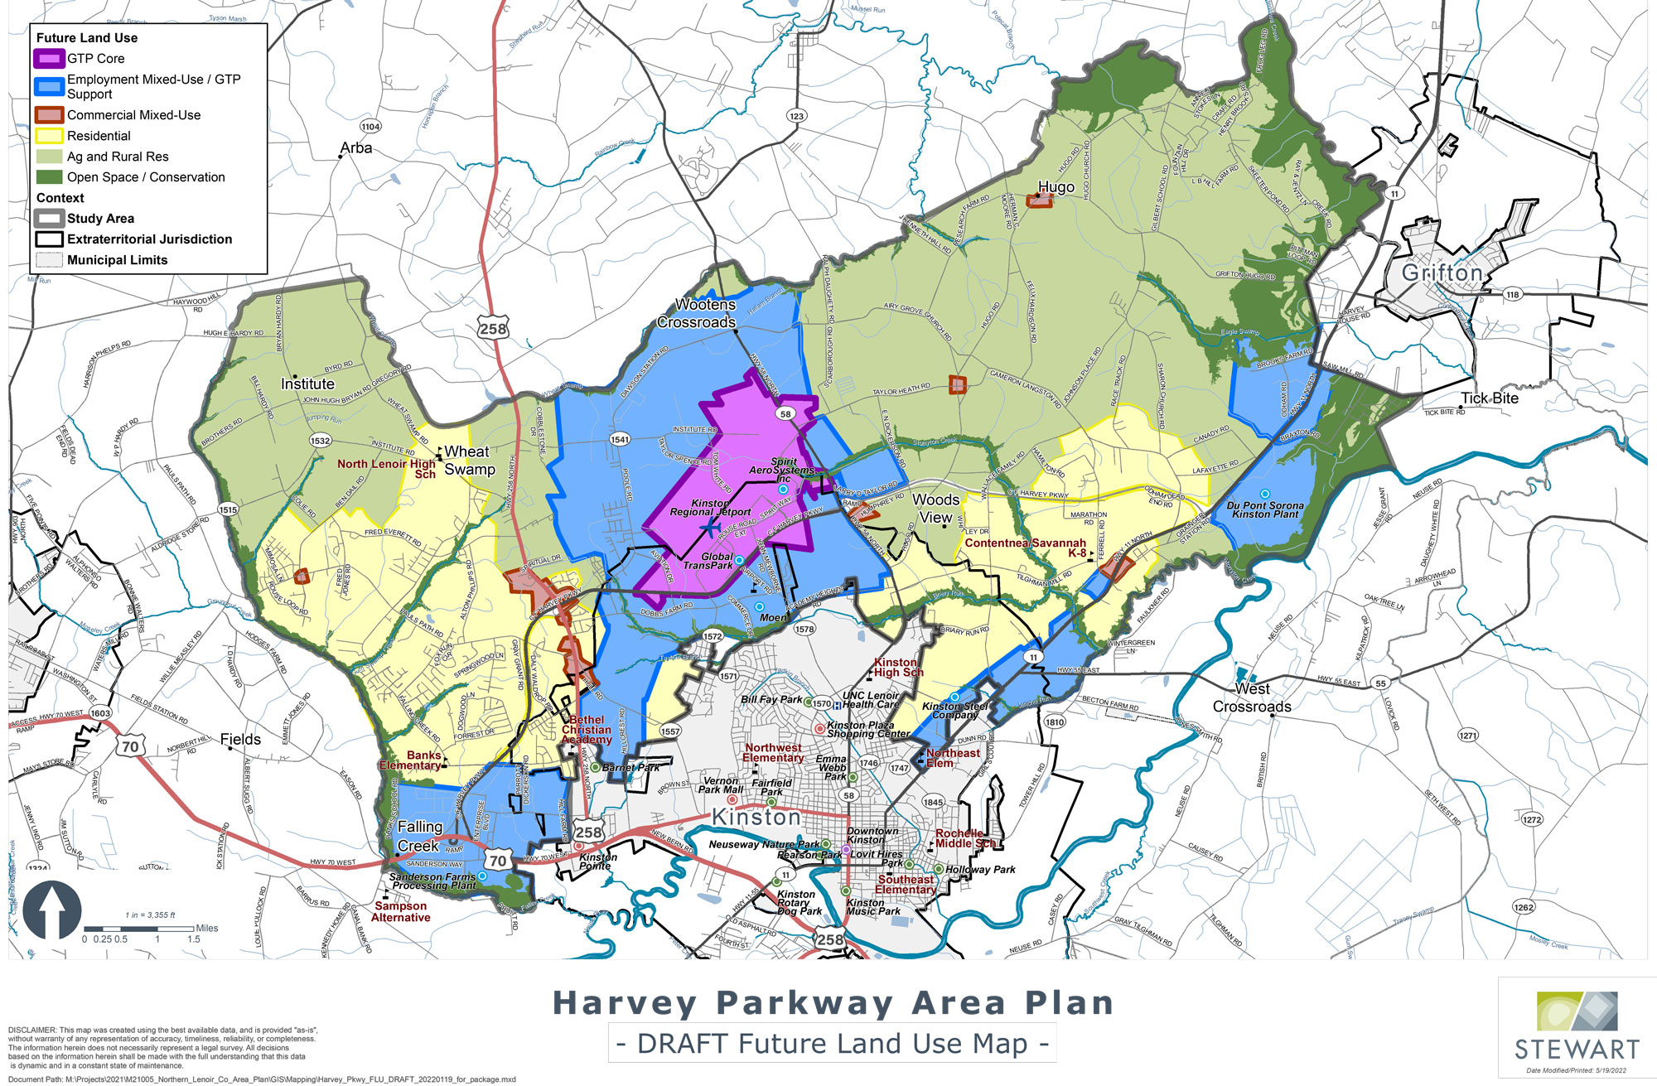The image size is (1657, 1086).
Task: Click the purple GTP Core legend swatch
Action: tap(49, 59)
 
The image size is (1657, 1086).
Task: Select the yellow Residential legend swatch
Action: tap(49, 136)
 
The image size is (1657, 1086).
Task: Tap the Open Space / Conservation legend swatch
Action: tap(49, 177)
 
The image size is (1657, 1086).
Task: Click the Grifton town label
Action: tap(1442, 273)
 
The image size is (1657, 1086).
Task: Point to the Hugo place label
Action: tap(1056, 187)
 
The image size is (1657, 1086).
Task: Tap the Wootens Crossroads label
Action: tap(697, 313)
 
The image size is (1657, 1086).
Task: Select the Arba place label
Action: tap(356, 148)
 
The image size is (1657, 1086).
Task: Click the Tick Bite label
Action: tap(1489, 398)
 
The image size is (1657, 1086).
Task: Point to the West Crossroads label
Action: tap(1252, 697)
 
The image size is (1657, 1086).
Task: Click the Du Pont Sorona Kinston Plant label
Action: tap(1265, 509)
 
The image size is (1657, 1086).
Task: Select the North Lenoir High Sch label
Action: tap(387, 469)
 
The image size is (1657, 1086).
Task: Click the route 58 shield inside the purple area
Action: tap(785, 413)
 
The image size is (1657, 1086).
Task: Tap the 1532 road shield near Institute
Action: tap(321, 441)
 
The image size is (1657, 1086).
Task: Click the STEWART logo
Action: tap(1577, 1026)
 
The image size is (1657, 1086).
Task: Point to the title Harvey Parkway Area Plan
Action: tap(833, 1003)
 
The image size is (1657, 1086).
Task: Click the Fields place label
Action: tap(240, 740)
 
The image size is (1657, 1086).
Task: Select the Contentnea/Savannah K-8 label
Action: tap(1026, 548)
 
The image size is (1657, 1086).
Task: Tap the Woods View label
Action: tap(935, 509)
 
